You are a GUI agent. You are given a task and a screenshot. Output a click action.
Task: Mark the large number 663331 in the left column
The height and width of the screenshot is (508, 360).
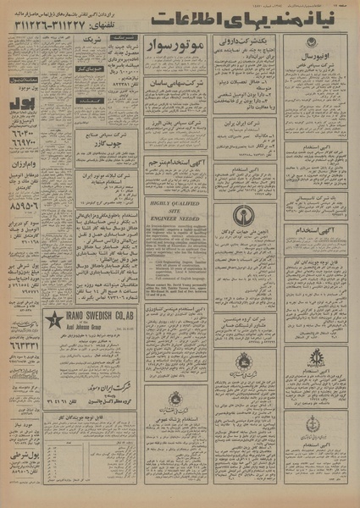tap(18, 345)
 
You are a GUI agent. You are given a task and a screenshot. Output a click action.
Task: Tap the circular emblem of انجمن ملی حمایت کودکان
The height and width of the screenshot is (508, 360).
tap(242, 213)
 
